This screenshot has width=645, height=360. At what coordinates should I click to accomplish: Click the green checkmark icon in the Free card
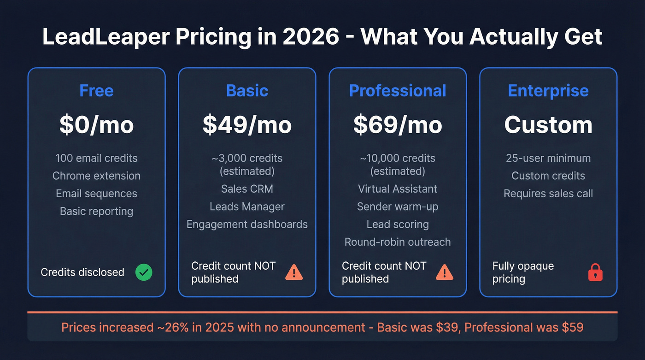pyautogui.click(x=144, y=272)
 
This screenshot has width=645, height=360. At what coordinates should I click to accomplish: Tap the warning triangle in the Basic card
pyautogui.click(x=294, y=272)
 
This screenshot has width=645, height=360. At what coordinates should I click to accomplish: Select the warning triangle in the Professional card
pyautogui.click(x=445, y=272)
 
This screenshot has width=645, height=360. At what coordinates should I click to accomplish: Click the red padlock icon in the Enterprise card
pyautogui.click(x=595, y=272)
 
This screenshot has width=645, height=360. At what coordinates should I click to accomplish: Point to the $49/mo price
pyautogui.click(x=247, y=125)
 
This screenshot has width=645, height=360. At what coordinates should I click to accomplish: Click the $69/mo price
pyautogui.click(x=398, y=125)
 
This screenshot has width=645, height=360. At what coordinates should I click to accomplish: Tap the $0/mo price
pyautogui.click(x=96, y=125)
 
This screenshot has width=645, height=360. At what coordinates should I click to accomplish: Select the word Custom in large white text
pyautogui.click(x=548, y=125)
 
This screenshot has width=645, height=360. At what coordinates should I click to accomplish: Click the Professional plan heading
pyautogui.click(x=398, y=90)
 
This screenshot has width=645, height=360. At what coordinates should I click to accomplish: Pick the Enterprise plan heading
pyautogui.click(x=548, y=90)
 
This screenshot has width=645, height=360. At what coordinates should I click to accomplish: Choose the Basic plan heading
pyautogui.click(x=247, y=90)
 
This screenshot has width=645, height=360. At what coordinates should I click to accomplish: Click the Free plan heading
pyautogui.click(x=96, y=90)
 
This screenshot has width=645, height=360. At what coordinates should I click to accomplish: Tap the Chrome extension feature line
pyautogui.click(x=96, y=176)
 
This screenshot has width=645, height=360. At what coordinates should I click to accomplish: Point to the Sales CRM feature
pyautogui.click(x=247, y=189)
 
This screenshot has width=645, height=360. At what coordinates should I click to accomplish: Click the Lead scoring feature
pyautogui.click(x=398, y=224)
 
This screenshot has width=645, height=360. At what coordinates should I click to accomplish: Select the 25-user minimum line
pyautogui.click(x=548, y=158)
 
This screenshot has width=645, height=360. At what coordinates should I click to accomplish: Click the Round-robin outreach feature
pyautogui.click(x=398, y=242)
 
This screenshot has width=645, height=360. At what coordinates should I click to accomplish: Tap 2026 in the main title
pyautogui.click(x=311, y=37)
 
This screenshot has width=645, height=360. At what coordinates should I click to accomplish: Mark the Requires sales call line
pyautogui.click(x=548, y=194)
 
